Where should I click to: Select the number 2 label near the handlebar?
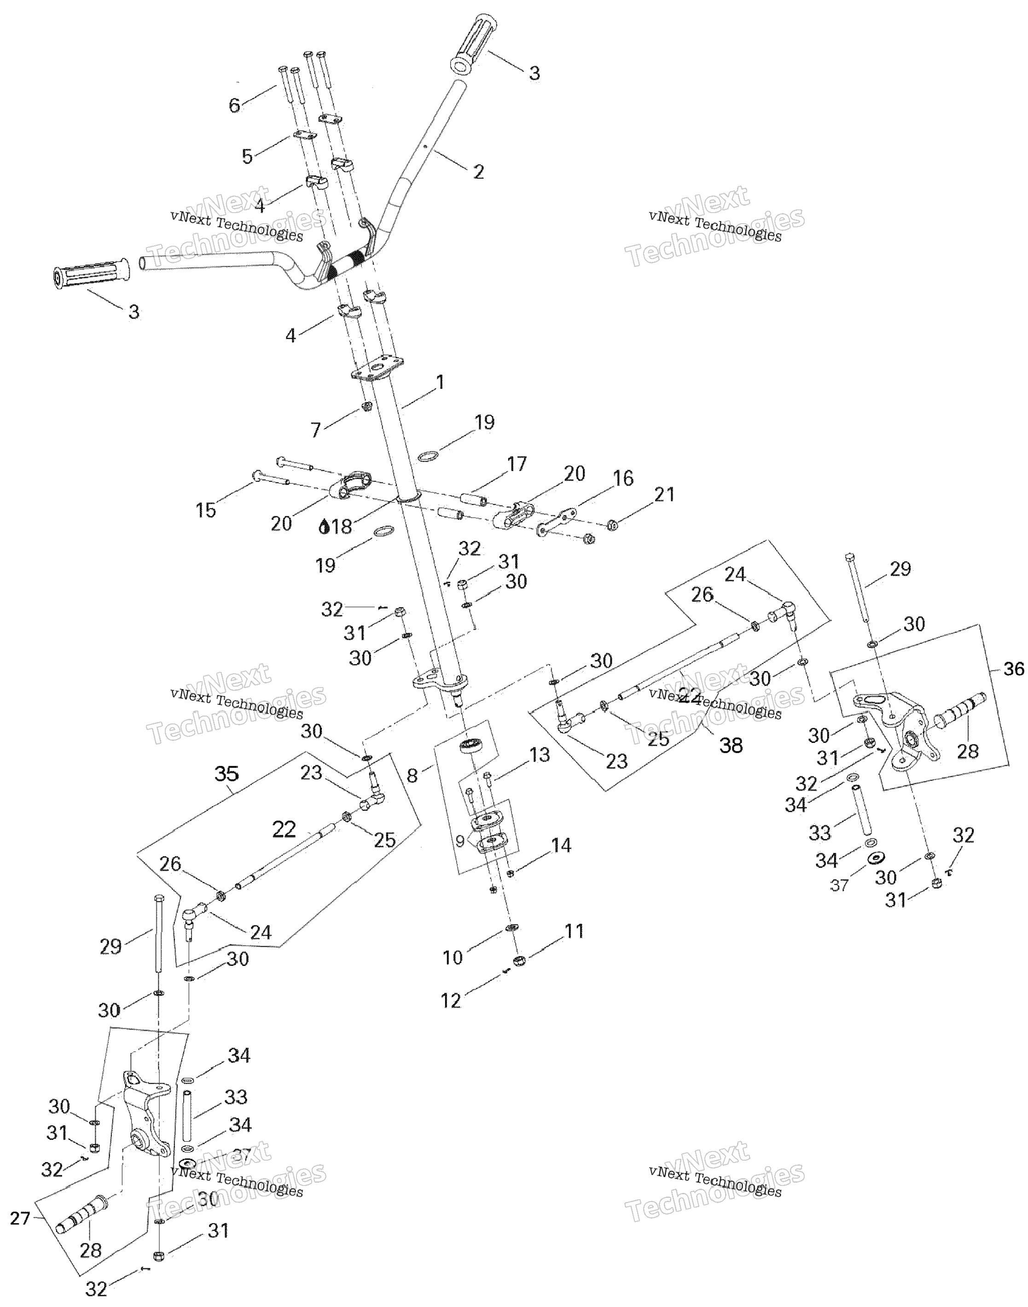click(x=478, y=172)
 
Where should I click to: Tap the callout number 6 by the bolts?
click(x=235, y=105)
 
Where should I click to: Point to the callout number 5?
click(x=247, y=156)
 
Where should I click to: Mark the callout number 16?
click(x=623, y=479)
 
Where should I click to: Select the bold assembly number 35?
click(x=227, y=774)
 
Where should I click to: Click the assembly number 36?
click(x=1014, y=669)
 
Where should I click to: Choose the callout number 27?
click(x=20, y=1219)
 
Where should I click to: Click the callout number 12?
click(x=451, y=1000)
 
